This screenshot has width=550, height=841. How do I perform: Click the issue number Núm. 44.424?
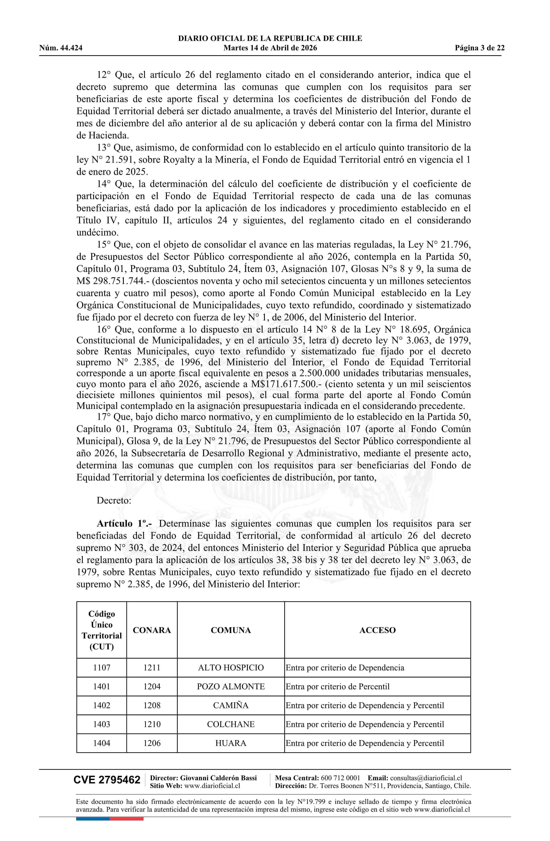(61, 48)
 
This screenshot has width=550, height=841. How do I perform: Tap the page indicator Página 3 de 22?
(480, 48)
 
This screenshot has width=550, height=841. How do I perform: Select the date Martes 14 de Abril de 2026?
(270, 48)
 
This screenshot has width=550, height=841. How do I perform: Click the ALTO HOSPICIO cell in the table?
(231, 667)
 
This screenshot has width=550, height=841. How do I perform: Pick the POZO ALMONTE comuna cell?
(231, 687)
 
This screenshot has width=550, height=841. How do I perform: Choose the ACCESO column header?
(377, 630)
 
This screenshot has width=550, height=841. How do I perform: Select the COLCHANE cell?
(231, 724)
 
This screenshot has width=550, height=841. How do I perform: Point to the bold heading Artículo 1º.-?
(125, 523)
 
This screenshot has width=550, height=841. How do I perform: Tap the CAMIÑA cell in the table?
(231, 705)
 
